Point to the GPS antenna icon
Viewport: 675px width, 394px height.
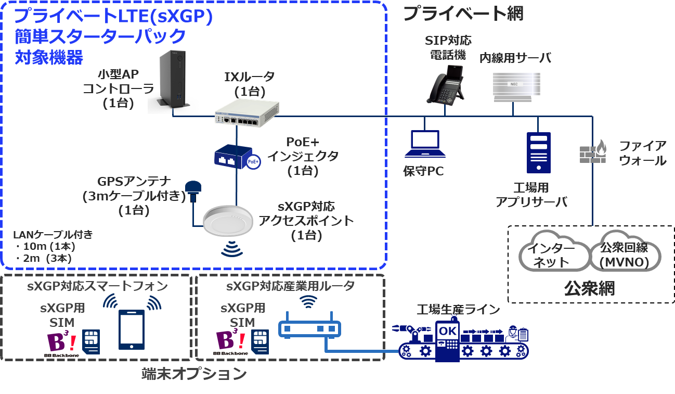pyautogui.click(x=194, y=190)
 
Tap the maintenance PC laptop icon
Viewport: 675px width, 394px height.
pyautogui.click(x=424, y=144)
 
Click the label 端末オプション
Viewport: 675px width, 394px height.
pyautogui.click(x=193, y=374)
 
